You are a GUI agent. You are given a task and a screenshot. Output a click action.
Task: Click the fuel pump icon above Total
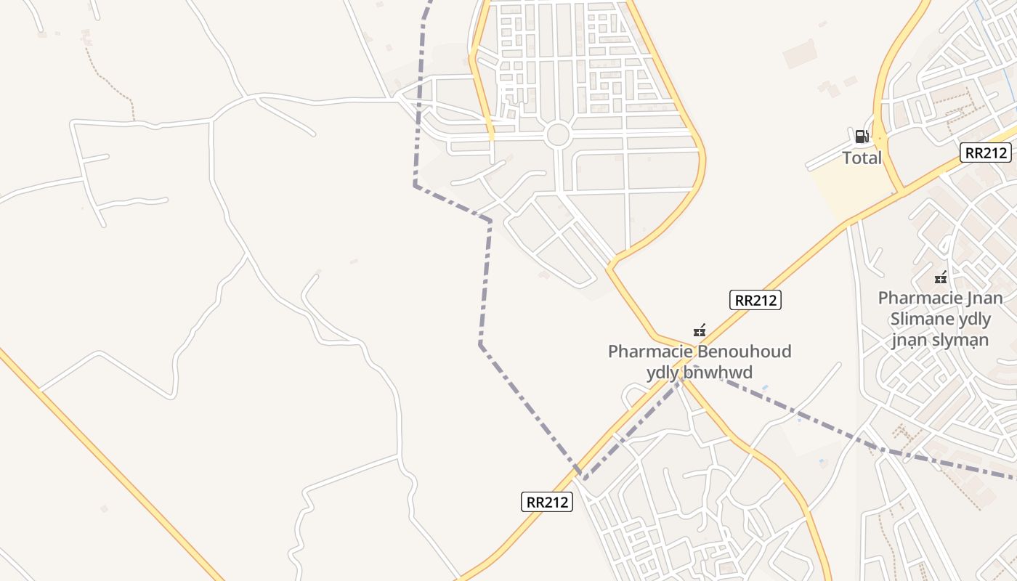[862, 136]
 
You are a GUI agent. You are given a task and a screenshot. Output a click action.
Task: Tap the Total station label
[862, 158]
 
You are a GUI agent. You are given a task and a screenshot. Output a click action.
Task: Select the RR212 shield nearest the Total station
[985, 153]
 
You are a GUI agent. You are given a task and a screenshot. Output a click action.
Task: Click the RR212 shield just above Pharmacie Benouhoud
[755, 300]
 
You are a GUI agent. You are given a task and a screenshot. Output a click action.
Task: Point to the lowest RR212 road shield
[547, 502]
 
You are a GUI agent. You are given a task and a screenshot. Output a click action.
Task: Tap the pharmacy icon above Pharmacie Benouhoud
[700, 331]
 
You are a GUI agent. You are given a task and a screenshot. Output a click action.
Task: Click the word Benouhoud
[744, 352]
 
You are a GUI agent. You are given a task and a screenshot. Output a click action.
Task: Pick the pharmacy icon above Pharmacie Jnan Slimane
[941, 277]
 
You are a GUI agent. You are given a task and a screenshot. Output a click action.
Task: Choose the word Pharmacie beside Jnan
[920, 298]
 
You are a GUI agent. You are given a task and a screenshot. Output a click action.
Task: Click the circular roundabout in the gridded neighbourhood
[557, 135]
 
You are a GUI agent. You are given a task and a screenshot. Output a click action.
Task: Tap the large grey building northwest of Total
[799, 54]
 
